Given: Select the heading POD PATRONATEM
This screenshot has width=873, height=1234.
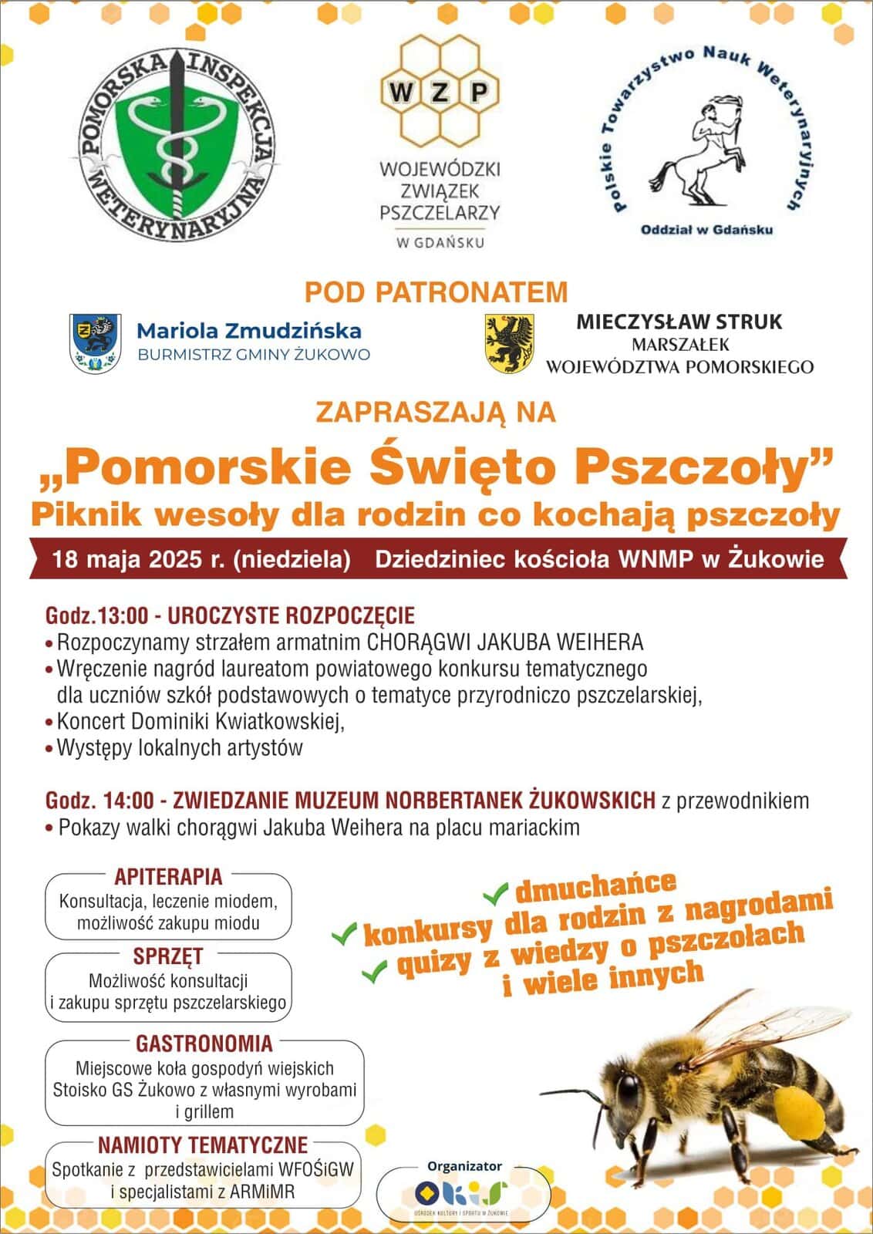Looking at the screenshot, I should pos(436,292).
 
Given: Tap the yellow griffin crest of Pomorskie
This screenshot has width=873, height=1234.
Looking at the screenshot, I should pos(510,342).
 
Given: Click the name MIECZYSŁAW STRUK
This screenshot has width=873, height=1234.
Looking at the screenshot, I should pos(679,322).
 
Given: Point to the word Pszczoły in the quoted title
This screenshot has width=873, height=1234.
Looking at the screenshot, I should pos(736,468).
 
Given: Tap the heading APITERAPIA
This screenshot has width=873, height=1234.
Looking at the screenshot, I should pos(168,876).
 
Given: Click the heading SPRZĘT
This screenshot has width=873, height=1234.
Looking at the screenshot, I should pos(168,956).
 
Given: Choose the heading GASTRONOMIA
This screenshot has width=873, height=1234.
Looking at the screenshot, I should pos(204,1044).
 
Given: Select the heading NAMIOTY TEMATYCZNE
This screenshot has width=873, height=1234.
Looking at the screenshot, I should pos(202,1144).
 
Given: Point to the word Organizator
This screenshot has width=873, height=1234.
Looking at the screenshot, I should pos(464,1166).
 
